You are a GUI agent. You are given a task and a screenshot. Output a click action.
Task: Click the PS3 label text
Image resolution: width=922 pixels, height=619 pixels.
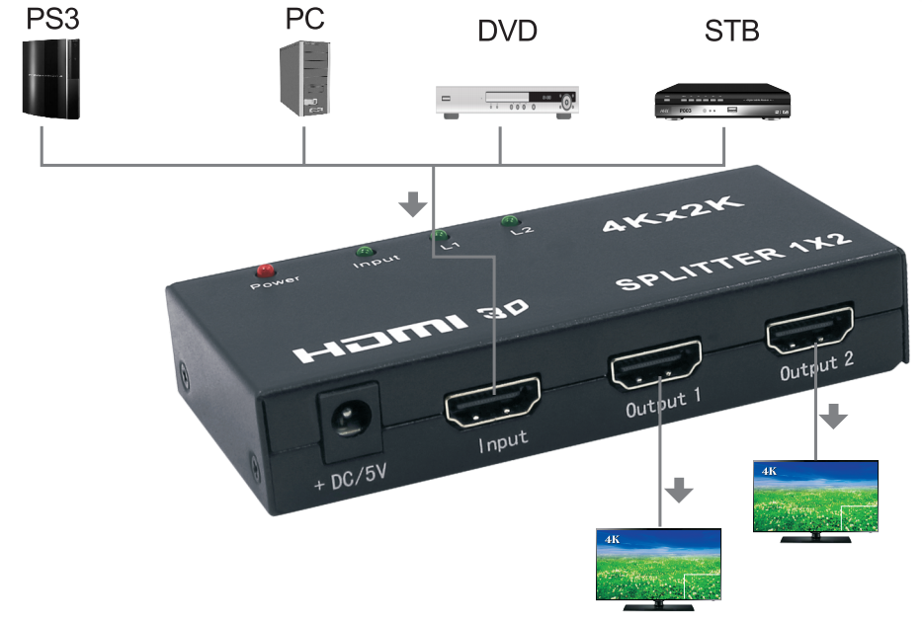(x=46, y=19)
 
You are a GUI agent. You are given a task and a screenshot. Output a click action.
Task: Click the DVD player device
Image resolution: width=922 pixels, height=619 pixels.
(x=507, y=103)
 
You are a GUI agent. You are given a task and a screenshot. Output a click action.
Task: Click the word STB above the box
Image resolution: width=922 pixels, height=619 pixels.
(x=731, y=30)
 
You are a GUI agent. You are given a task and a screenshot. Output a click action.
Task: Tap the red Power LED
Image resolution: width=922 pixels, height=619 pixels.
(x=264, y=270)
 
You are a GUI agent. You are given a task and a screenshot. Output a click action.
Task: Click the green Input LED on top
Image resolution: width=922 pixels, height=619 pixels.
(x=365, y=252)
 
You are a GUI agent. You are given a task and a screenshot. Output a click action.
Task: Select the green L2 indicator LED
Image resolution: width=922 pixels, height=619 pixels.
(x=510, y=220)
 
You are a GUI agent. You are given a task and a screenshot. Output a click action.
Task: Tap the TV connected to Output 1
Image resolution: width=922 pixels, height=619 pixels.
(x=659, y=564)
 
